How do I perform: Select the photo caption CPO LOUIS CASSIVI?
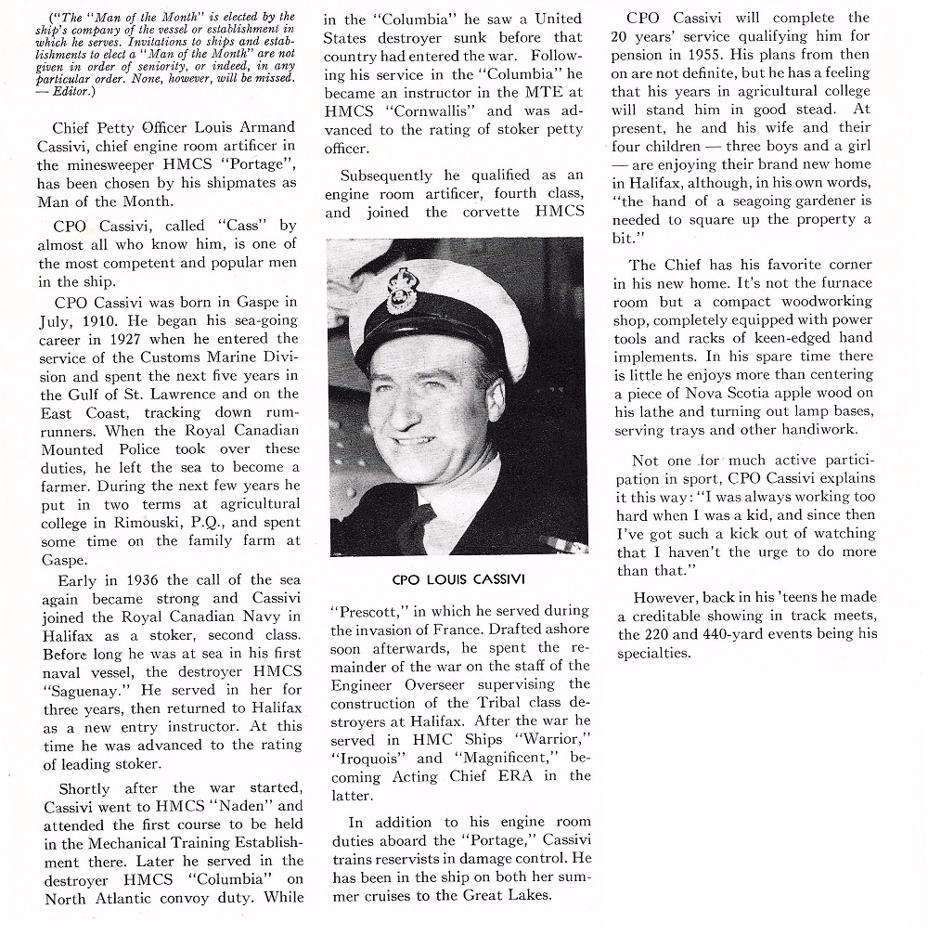click(458, 580)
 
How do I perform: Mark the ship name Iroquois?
click(365, 759)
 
